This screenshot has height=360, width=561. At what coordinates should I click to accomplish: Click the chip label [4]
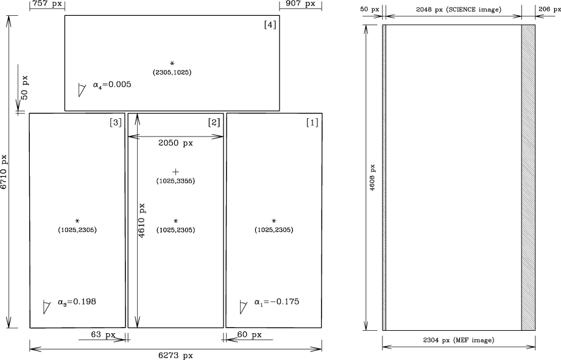click(x=270, y=25)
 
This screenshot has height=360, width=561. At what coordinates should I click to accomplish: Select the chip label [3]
click(x=116, y=122)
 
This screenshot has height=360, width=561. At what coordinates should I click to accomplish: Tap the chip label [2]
click(x=214, y=122)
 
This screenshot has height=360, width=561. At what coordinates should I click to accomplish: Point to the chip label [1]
click(x=312, y=122)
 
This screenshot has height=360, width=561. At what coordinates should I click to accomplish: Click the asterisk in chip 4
click(x=172, y=63)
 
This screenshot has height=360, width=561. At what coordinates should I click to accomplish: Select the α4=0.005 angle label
click(x=112, y=85)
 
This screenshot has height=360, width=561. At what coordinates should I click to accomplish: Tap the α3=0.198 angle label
click(x=77, y=302)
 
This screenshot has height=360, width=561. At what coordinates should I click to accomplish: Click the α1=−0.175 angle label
click(x=277, y=302)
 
